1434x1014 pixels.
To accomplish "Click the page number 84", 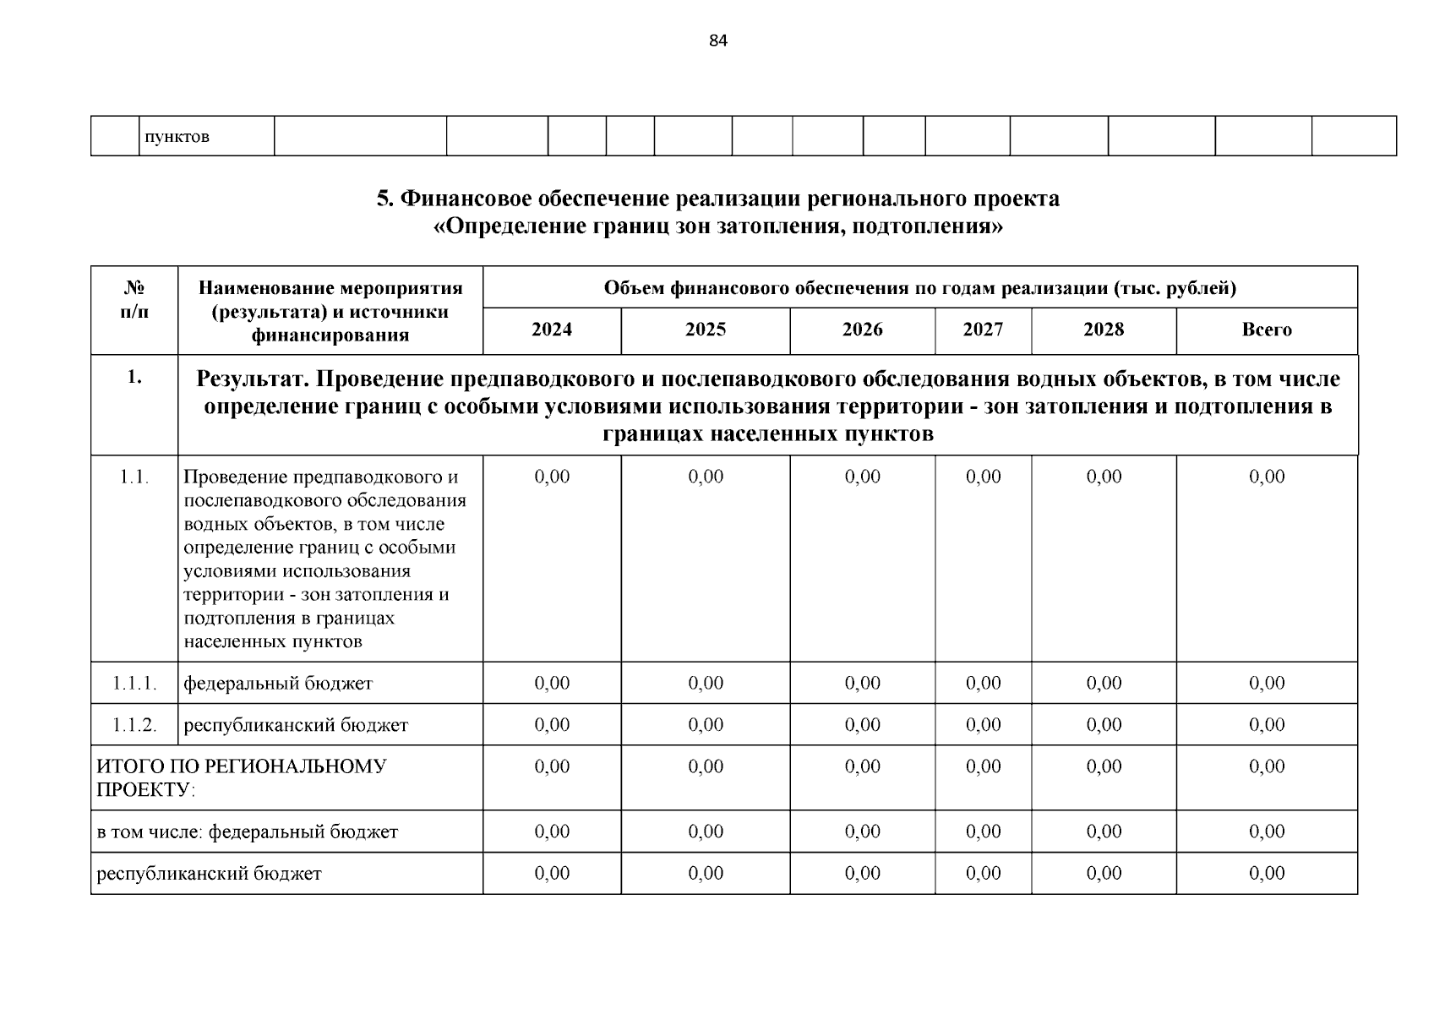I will [x=717, y=41].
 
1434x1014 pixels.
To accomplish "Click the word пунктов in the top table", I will [x=177, y=137].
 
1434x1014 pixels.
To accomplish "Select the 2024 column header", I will [x=552, y=330].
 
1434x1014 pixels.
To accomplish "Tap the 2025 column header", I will [x=706, y=330].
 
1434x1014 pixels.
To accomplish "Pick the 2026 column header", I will [x=862, y=330].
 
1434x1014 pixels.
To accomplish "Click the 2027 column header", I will [x=983, y=330].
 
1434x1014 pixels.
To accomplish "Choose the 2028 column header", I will [x=1104, y=330].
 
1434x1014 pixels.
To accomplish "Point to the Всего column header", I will [x=1266, y=330].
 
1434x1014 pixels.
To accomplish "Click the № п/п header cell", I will [x=134, y=299].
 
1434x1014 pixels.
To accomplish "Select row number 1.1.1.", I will [x=134, y=683].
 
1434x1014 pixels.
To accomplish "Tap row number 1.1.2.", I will [x=134, y=725].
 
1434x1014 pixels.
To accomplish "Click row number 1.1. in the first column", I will [x=134, y=477].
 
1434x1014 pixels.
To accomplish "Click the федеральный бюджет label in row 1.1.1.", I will [x=278, y=683].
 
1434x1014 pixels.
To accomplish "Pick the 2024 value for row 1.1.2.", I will [x=552, y=725].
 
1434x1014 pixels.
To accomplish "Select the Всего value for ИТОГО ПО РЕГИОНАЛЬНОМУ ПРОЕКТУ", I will [x=1266, y=766].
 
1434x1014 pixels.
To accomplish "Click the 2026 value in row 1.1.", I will [x=862, y=477].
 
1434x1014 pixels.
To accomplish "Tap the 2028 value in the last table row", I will [x=1104, y=873].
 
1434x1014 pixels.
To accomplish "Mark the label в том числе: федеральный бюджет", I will [x=247, y=831].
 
